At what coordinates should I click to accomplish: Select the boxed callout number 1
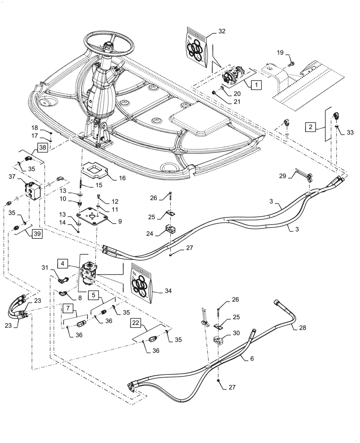tap(256, 84)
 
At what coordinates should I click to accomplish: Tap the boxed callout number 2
tap(311, 127)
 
